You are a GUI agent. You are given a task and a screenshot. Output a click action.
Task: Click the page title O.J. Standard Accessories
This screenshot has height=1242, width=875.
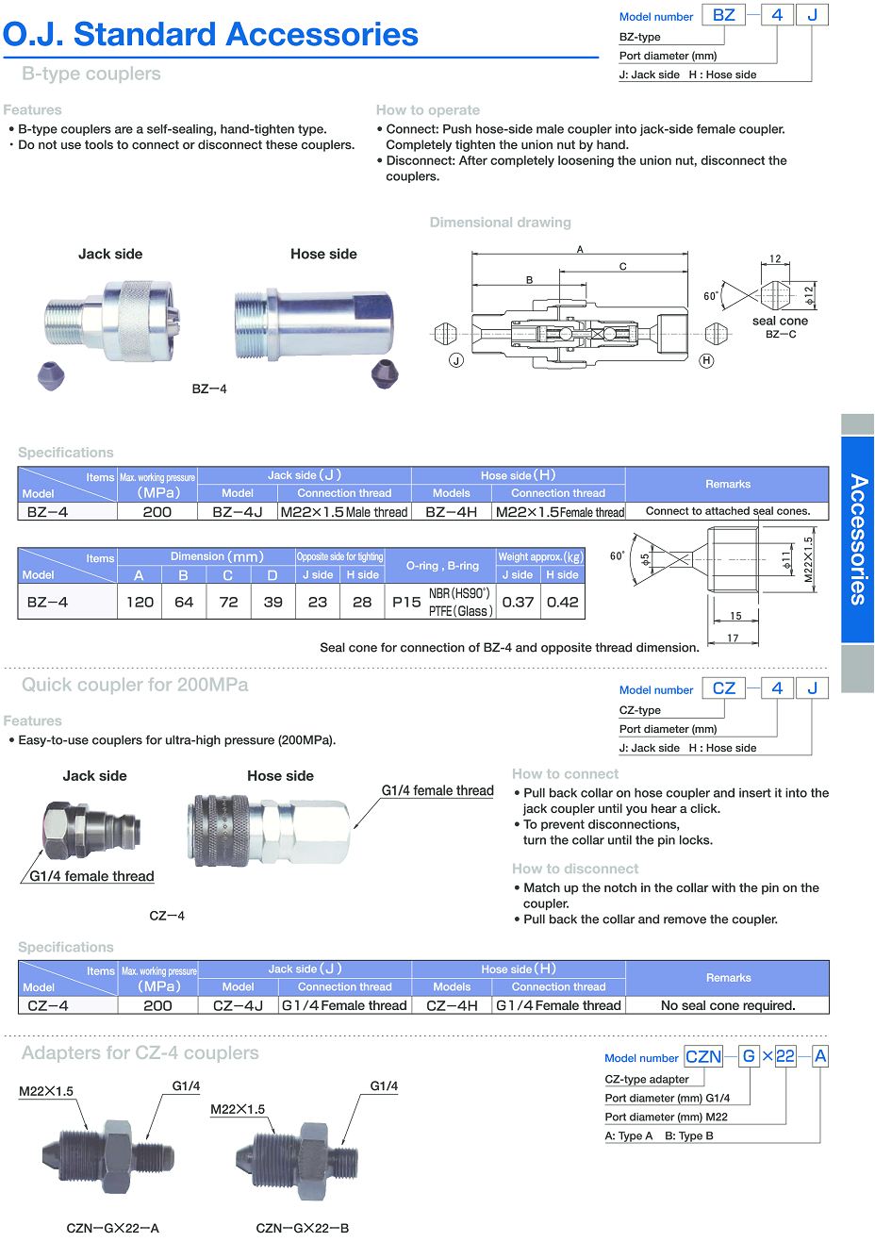[210, 35]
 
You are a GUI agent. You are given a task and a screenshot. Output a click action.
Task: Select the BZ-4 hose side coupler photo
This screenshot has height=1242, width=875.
[313, 323]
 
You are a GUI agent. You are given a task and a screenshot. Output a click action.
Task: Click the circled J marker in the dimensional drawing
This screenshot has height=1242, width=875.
[456, 360]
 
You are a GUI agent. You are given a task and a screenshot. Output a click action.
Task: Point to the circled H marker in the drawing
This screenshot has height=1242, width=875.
[706, 360]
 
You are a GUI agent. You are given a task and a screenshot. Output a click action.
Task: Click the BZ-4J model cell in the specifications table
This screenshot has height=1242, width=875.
[238, 512]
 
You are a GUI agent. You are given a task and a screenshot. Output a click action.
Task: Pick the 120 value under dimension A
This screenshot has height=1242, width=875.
[140, 602]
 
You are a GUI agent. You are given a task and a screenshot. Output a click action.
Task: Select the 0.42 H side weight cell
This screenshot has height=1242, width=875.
[563, 602]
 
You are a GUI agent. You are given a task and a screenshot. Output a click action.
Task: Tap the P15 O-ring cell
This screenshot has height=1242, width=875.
[406, 602]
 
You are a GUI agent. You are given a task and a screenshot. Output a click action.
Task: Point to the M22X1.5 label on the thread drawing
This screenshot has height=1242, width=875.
[808, 560]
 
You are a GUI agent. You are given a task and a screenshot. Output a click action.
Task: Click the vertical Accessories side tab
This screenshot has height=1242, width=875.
[857, 538]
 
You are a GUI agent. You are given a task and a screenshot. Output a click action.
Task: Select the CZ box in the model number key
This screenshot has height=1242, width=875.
[723, 688]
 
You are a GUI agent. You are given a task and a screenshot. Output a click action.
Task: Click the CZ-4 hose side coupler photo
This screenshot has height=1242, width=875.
[271, 830]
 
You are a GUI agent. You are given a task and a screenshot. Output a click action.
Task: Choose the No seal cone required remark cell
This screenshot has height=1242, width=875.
[728, 1005]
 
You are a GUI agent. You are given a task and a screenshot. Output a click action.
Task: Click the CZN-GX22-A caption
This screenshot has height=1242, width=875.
[113, 1228]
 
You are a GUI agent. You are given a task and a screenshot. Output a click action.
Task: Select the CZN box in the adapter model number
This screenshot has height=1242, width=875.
[703, 1056]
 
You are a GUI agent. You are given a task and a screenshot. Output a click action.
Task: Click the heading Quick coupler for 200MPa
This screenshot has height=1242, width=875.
[135, 685]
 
